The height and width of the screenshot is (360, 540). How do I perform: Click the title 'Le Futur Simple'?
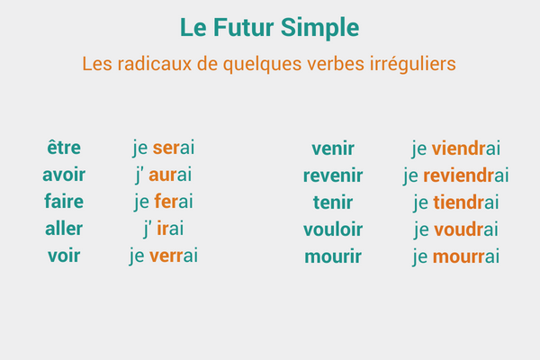(269, 28)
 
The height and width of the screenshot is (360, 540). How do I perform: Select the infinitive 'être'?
(64, 148)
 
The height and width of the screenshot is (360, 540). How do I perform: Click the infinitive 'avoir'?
(64, 175)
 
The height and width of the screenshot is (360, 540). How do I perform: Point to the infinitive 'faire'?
(64, 202)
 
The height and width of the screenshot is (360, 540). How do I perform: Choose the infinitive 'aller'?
(64, 229)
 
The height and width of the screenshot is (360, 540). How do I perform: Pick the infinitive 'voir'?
(64, 256)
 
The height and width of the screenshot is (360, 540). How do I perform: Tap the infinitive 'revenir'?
(333, 175)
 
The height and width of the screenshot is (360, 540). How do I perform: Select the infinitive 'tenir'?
(333, 202)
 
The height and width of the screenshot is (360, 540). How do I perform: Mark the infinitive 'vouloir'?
(333, 229)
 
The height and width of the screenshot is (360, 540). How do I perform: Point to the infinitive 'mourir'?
(333, 256)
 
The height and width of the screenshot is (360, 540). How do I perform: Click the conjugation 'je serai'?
(164, 148)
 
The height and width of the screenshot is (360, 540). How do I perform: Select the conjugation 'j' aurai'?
(164, 175)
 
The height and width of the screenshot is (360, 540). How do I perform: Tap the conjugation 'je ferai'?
(164, 202)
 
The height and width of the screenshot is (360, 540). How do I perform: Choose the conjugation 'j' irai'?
(164, 229)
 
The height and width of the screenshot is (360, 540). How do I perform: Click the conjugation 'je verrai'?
(164, 256)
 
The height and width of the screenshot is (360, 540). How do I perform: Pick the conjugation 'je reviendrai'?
(456, 175)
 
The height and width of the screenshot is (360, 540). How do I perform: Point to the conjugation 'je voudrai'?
(456, 229)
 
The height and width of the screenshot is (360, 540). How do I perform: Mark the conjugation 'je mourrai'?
(456, 256)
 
